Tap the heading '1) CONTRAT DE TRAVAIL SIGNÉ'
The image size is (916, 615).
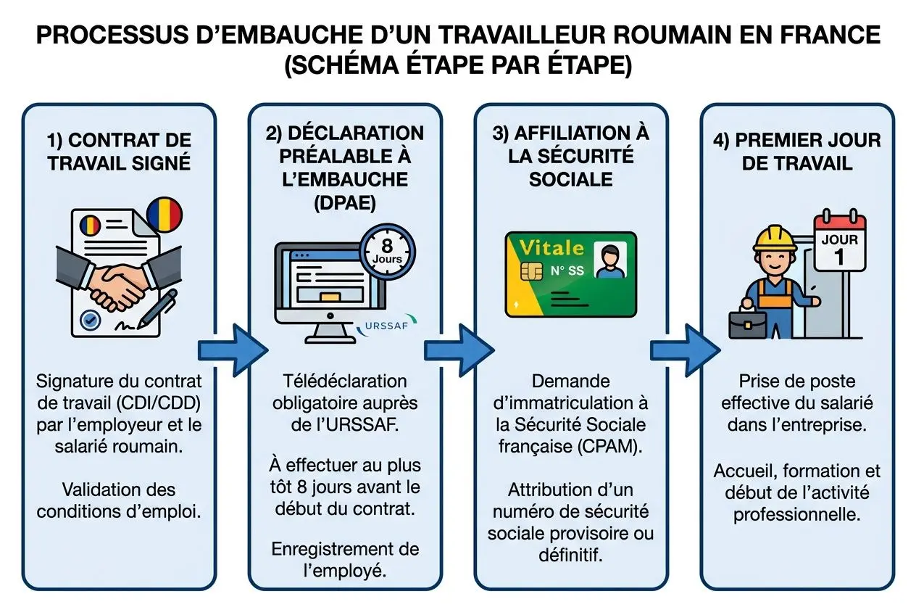coord(120,150)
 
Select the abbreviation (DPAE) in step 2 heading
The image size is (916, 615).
coord(345,203)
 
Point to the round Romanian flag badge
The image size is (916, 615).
coord(165,213)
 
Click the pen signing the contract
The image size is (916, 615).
coord(161,308)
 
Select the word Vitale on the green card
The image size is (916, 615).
coord(551,248)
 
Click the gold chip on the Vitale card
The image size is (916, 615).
coord(531,272)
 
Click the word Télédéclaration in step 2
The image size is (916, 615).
coord(345,381)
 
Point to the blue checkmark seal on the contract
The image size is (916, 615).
coord(91,318)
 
